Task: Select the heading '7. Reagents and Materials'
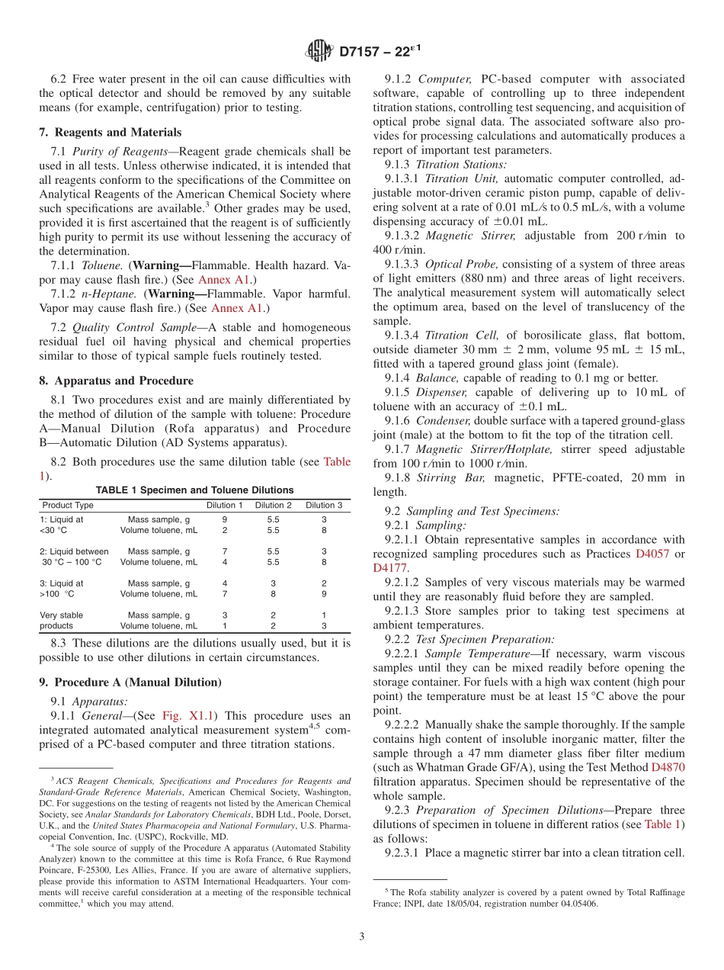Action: [x=110, y=132]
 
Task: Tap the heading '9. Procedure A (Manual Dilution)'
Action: [x=130, y=682]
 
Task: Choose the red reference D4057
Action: [x=652, y=554]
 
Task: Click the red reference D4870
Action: [x=668, y=767]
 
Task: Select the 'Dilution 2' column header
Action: [x=273, y=505]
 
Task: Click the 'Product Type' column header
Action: [x=68, y=505]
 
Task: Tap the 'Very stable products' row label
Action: [x=62, y=620]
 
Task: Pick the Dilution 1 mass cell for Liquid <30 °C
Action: [x=224, y=519]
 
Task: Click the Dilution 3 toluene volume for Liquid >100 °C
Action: [x=324, y=593]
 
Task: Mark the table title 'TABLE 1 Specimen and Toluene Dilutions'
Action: [x=194, y=490]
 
